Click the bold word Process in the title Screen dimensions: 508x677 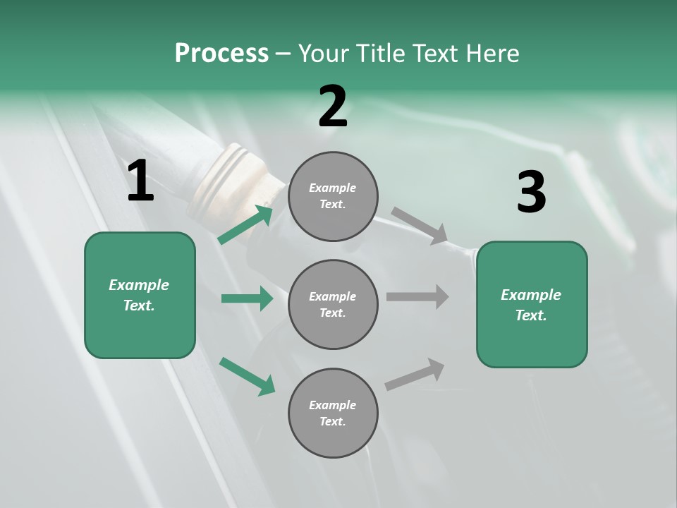tap(221, 53)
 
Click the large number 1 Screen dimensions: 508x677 tap(140, 181)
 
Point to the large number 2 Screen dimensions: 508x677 tap(333, 107)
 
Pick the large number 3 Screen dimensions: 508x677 tap(531, 192)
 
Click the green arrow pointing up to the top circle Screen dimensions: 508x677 tap(245, 224)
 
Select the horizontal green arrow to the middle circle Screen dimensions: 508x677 tap(247, 298)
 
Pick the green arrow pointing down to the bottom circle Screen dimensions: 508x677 tap(247, 376)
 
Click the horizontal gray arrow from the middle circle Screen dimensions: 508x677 tap(417, 296)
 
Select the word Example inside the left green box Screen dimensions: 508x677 tap(139, 285)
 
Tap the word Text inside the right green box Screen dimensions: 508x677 tap(530, 315)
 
